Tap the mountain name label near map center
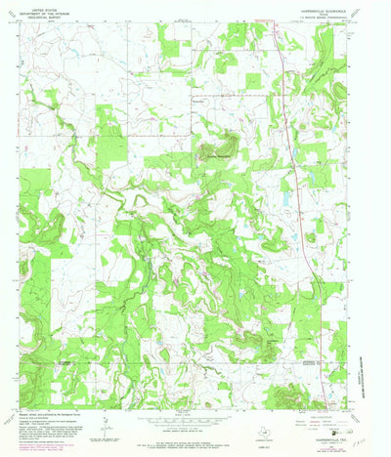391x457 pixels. [x=221, y=151]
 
